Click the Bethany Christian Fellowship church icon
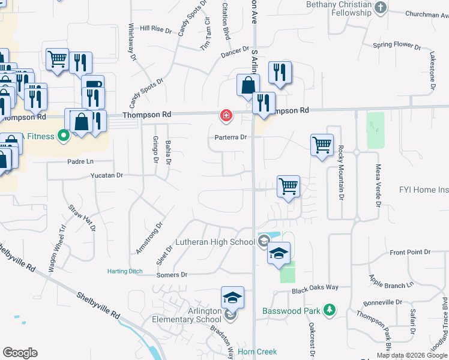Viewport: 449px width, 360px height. pyautogui.click(x=379, y=7)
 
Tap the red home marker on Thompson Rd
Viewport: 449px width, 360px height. pyautogui.click(x=226, y=115)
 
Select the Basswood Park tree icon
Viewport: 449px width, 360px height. pyautogui.click(x=329, y=310)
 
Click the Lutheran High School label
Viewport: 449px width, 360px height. pyautogui.click(x=215, y=242)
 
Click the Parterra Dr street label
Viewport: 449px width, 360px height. pyautogui.click(x=231, y=137)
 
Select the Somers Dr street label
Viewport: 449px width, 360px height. pyautogui.click(x=172, y=275)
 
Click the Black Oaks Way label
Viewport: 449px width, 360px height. pyautogui.click(x=316, y=290)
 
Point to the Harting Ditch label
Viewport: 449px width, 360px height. pyautogui.click(x=125, y=271)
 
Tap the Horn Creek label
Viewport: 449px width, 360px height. pyautogui.click(x=255, y=352)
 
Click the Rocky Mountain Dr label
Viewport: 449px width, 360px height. pyautogui.click(x=341, y=172)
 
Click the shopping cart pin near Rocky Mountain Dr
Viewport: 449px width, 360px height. pyautogui.click(x=322, y=145)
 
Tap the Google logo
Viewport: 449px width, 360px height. pyautogui.click(x=20, y=353)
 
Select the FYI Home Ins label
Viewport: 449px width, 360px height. pyautogui.click(x=424, y=190)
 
